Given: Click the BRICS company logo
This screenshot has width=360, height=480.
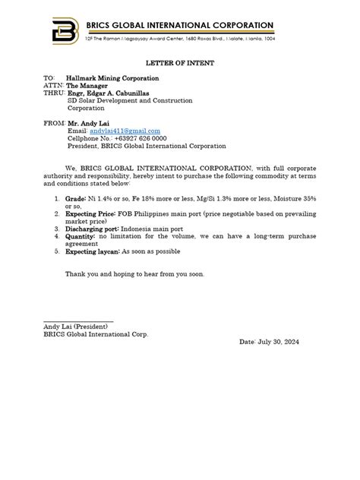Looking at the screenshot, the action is click(63, 31).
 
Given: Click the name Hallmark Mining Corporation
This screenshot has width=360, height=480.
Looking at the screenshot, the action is click(112, 78).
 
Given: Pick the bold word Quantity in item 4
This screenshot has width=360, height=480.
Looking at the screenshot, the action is click(81, 237).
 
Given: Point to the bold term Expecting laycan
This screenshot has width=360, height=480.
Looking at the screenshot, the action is click(93, 251).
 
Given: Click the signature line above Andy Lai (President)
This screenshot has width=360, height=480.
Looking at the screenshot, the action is click(78, 321).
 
